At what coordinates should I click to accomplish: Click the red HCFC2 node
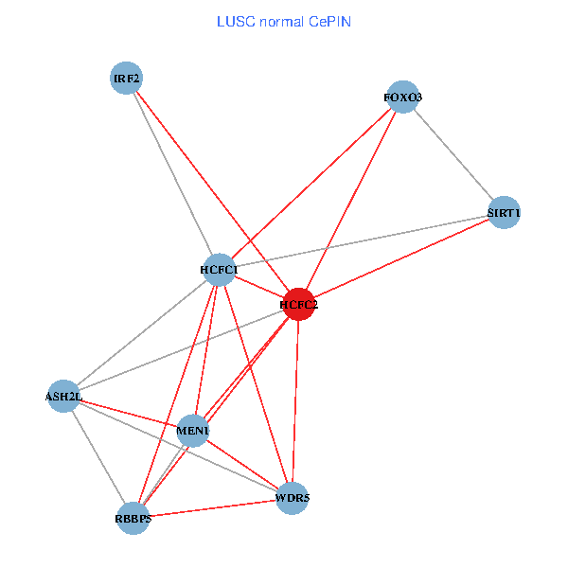tap(299, 305)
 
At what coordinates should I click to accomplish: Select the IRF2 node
tap(126, 79)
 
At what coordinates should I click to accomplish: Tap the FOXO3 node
tap(403, 98)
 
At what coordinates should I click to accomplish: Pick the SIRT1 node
tap(504, 213)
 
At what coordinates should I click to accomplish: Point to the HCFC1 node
tap(219, 270)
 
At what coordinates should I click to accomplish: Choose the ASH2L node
tap(63, 396)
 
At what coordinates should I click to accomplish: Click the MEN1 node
tap(193, 432)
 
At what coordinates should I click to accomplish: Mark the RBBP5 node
tap(133, 518)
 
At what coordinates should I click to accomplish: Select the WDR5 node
tap(293, 497)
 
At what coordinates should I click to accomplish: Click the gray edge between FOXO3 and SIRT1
tap(453, 155)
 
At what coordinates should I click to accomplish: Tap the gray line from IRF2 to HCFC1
tap(172, 174)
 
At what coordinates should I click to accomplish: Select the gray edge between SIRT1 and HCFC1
tap(362, 241)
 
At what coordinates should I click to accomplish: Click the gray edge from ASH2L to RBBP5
tap(98, 457)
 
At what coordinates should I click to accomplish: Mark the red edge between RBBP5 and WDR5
tap(213, 507)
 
